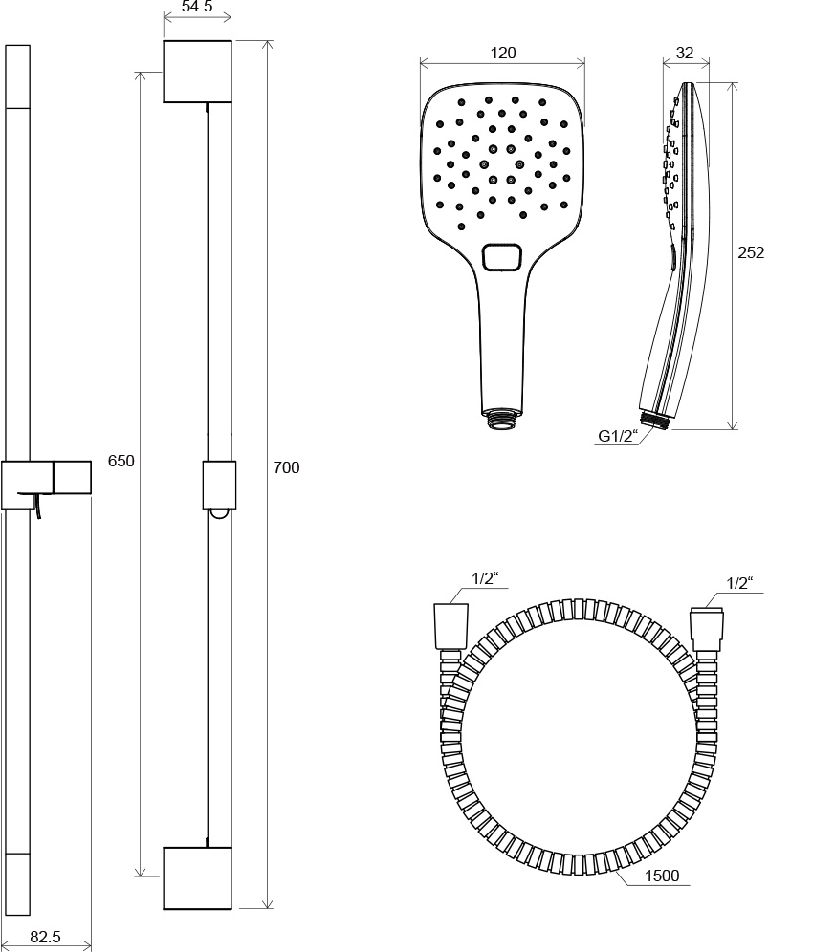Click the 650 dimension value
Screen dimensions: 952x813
point(121,460)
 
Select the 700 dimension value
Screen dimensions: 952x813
point(286,467)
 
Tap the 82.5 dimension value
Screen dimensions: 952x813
point(45,938)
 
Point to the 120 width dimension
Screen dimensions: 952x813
point(503,54)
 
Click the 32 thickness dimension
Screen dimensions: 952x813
point(685,54)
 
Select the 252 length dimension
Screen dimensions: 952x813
point(752,252)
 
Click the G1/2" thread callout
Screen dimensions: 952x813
point(617,437)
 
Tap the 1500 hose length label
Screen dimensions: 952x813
point(662,876)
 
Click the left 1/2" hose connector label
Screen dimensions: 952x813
point(486,578)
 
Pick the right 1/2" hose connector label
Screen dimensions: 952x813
point(739,582)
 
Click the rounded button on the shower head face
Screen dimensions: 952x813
point(500,257)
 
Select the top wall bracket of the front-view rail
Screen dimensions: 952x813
point(197,72)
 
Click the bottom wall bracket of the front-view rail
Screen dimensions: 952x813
point(197,877)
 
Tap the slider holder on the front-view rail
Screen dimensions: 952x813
point(218,486)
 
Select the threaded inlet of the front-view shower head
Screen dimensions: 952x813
point(501,418)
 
